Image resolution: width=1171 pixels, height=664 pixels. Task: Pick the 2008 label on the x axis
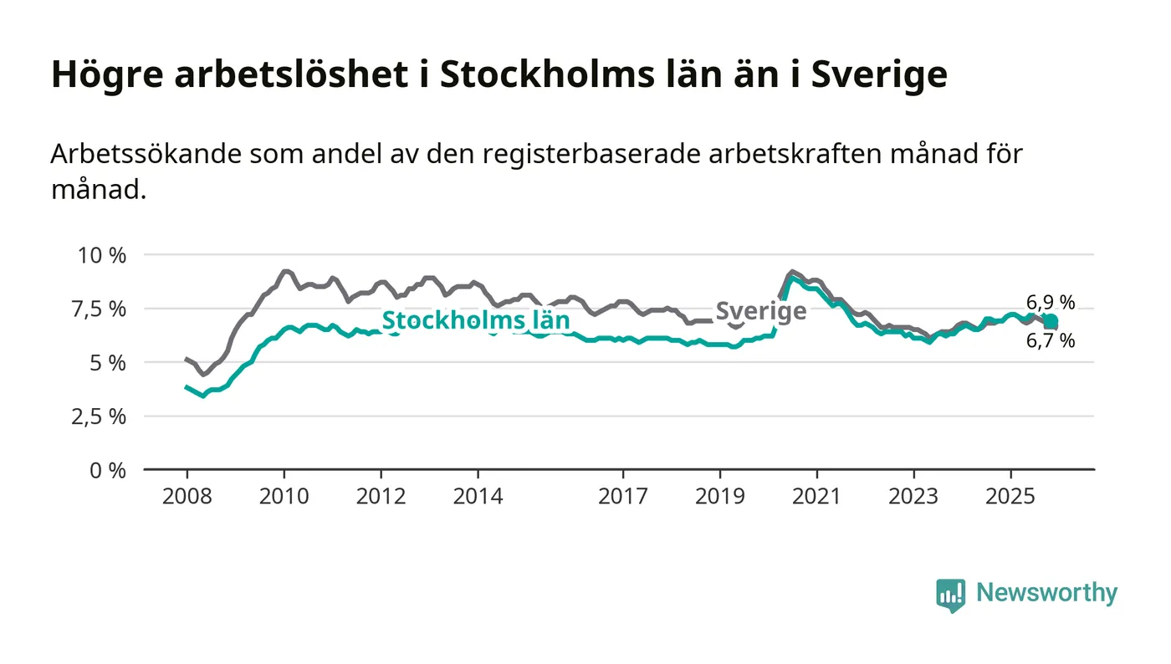(187, 497)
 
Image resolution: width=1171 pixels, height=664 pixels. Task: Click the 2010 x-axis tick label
(284, 497)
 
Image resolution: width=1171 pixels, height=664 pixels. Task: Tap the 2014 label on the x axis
(478, 497)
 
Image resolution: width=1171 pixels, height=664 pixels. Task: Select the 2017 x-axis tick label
(623, 497)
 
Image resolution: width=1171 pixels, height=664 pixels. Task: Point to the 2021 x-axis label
(816, 497)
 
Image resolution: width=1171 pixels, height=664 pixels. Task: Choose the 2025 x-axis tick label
(1010, 497)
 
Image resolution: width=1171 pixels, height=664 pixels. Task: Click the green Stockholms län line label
(475, 321)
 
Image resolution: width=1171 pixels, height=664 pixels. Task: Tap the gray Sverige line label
(761, 311)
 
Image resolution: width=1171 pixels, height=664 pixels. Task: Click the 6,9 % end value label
(1051, 303)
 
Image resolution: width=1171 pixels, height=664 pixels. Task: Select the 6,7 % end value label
(1051, 340)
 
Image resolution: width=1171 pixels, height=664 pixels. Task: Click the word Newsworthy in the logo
(1046, 593)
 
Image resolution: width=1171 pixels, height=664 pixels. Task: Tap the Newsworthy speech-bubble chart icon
(950, 595)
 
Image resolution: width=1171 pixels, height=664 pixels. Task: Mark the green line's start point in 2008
(187, 387)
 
